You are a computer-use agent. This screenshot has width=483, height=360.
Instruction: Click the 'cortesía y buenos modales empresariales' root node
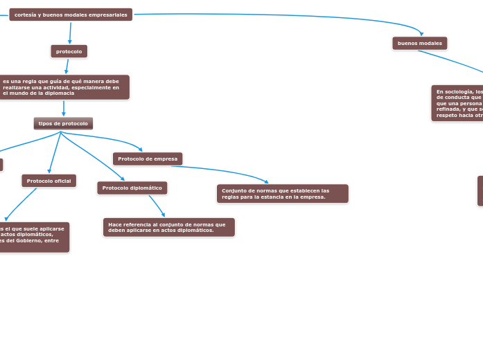[x=70, y=15]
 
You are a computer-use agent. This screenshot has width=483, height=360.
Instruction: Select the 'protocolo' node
[x=69, y=51]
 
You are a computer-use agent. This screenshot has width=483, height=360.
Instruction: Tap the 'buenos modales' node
[x=419, y=43]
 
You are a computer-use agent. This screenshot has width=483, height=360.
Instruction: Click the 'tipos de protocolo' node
[x=63, y=123]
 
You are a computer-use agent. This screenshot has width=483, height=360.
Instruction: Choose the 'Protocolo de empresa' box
[x=148, y=159]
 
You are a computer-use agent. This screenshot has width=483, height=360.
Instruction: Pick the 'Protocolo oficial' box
[x=49, y=181]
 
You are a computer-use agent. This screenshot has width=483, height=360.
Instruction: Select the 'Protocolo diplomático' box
[x=132, y=188]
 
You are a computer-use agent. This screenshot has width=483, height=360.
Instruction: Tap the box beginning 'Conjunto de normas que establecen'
[x=282, y=193]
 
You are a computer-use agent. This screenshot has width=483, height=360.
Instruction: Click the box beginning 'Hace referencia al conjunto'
[x=168, y=227]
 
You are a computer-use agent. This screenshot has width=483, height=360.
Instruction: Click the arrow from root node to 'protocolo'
[x=70, y=33]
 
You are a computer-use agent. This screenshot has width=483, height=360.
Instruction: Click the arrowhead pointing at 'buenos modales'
[x=421, y=33]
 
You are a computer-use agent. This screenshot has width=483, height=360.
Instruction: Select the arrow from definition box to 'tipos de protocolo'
[x=64, y=108]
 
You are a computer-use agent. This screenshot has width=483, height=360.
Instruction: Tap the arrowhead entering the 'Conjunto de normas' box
[x=266, y=181]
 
